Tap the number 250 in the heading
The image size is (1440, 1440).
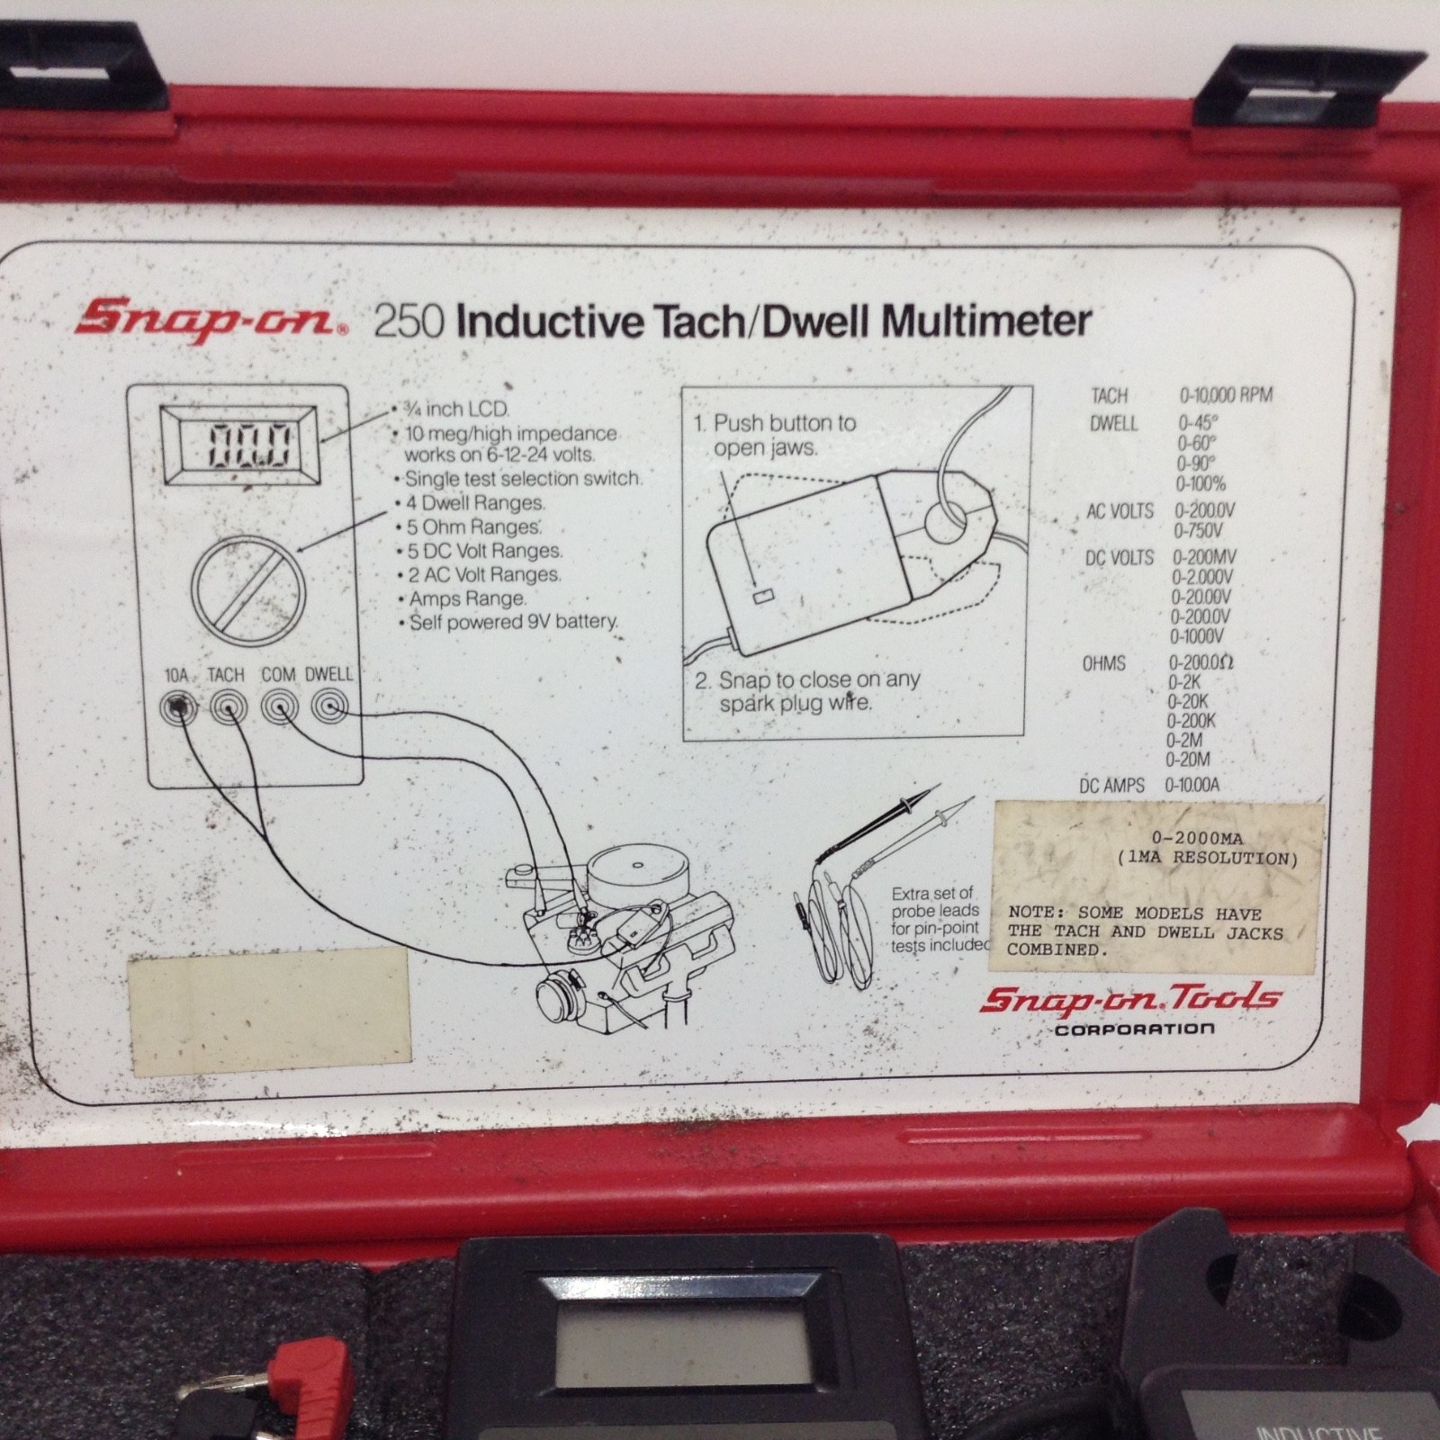408,321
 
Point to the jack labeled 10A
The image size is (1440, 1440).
178,709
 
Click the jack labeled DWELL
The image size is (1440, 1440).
330,708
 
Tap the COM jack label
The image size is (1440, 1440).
278,674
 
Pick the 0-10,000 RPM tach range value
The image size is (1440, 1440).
1226,395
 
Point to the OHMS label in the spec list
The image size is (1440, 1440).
1103,664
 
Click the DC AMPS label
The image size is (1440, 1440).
1111,786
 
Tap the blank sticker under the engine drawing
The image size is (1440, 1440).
270,1004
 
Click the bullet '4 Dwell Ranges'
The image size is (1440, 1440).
474,503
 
